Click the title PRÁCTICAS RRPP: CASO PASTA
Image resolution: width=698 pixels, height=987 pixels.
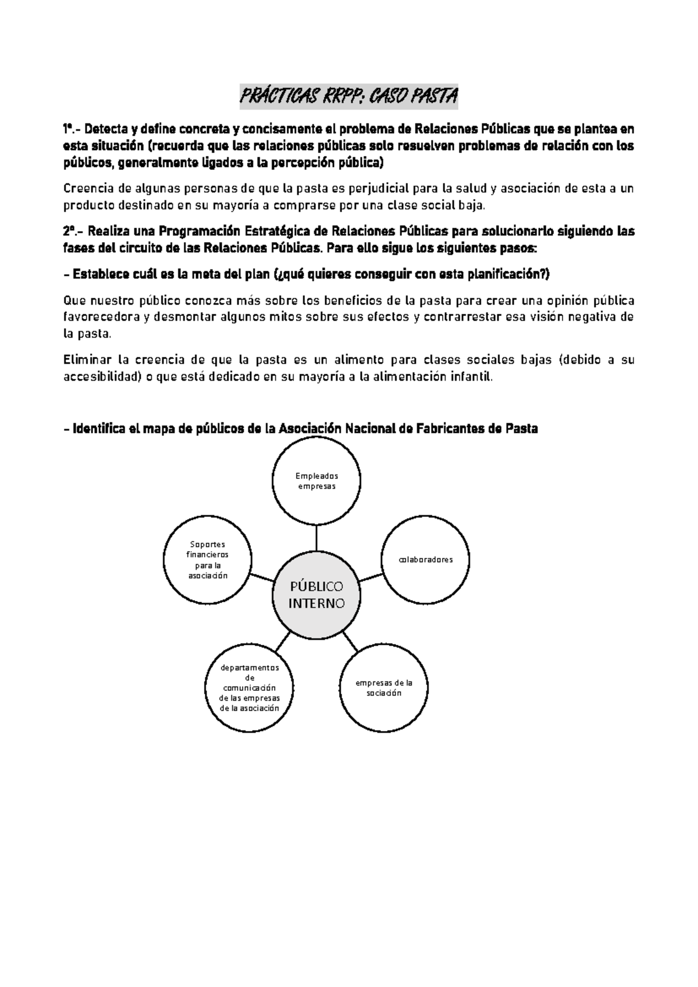tap(349, 97)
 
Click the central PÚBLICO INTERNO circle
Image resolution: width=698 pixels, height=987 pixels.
tap(317, 594)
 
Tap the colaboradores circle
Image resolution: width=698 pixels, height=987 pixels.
tap(425, 559)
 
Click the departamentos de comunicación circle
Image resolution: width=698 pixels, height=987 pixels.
tap(250, 688)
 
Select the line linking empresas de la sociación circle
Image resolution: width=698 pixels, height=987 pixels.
tap(350, 641)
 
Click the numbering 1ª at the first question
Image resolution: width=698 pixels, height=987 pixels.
tap(69, 129)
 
